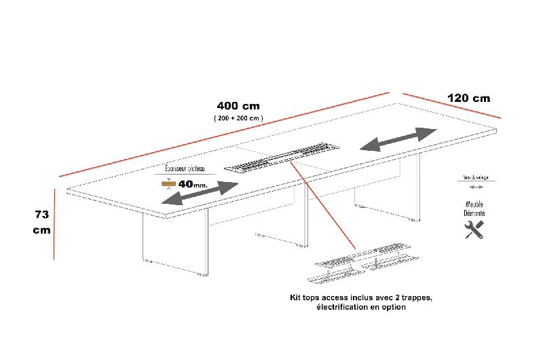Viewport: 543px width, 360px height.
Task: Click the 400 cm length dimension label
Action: click(238, 106)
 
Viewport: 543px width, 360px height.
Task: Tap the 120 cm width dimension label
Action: click(468, 98)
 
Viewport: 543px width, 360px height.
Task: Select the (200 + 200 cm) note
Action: click(238, 118)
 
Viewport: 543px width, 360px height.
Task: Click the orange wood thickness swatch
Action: click(167, 183)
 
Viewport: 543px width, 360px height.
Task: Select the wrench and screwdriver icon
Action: click(474, 229)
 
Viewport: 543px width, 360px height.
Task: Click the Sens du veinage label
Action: click(474, 177)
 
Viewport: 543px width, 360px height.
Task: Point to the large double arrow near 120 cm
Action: click(398, 139)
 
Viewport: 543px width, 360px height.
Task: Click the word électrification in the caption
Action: click(339, 307)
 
